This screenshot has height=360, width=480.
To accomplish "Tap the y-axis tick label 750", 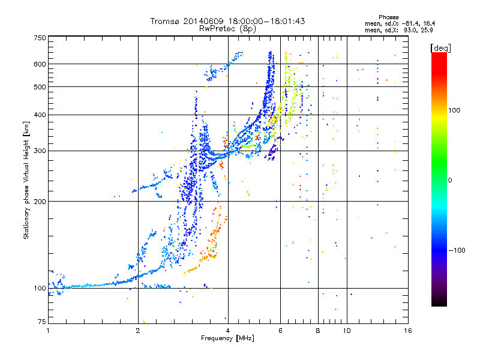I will point(40,38).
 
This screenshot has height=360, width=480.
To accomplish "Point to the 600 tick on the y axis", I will point(40,64).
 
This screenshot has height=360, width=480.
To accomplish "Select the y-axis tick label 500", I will point(40,87).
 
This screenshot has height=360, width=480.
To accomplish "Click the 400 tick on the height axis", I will point(40,115).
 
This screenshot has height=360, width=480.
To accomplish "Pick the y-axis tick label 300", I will point(40,151).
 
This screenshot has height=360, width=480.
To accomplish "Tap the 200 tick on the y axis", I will point(40,202).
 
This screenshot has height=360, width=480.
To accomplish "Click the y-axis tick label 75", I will point(41,322).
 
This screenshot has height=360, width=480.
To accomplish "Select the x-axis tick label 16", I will point(408,331).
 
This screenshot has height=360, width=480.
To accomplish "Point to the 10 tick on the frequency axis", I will point(347,331).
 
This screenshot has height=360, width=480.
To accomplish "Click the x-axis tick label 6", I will point(281,331).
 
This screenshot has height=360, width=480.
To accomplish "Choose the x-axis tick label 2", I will point(138,331).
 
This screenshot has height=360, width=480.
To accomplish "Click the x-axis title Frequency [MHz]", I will point(227,338).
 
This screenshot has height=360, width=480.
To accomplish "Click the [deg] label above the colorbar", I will point(440,47).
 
